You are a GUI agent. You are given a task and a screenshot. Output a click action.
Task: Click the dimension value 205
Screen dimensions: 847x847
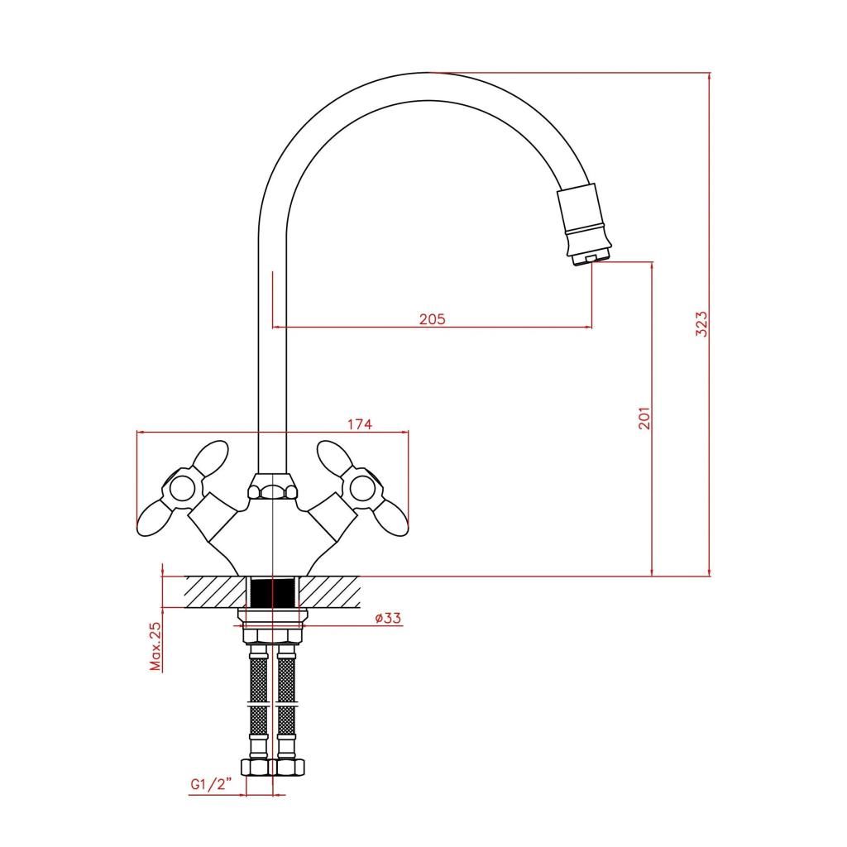[432, 319]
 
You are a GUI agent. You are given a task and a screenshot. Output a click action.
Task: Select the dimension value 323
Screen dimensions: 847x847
[701, 324]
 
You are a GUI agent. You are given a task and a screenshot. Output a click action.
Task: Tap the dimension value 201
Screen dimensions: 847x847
[644, 418]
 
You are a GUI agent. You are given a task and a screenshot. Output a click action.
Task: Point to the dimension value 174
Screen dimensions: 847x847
[360, 424]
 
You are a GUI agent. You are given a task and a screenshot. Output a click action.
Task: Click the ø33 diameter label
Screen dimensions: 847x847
[389, 617]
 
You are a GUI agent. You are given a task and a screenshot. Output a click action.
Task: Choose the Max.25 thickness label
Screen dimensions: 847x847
[156, 646]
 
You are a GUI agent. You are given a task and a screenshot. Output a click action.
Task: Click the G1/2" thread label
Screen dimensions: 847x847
[211, 784]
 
